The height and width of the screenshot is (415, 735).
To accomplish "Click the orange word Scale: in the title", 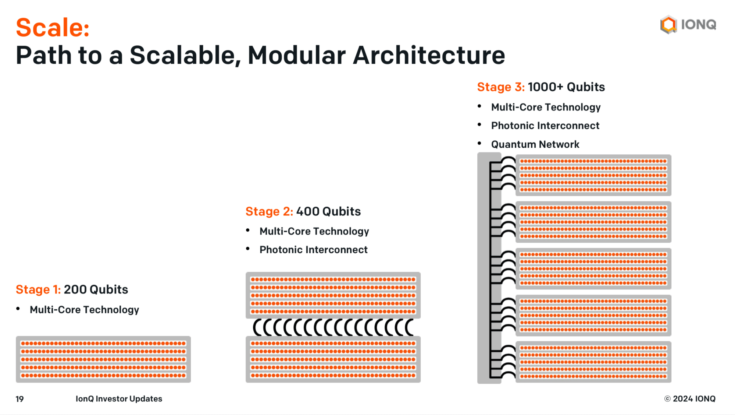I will pyautogui.click(x=53, y=28).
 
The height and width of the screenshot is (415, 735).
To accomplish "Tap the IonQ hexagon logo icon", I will pyautogui.click(x=668, y=25).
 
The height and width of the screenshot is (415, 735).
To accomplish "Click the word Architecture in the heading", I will pyautogui.click(x=429, y=55).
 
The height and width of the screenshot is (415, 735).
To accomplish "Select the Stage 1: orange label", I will pyautogui.click(x=38, y=289).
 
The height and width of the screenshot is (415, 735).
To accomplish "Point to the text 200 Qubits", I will pyautogui.click(x=96, y=289).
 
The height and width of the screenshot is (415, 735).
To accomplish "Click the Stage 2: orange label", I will pyautogui.click(x=269, y=211).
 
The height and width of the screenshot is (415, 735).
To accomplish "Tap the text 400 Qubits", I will pyautogui.click(x=328, y=211).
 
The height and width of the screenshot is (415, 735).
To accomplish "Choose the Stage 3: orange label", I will pyautogui.click(x=501, y=87).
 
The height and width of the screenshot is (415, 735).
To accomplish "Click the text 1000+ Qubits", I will pyautogui.click(x=566, y=87).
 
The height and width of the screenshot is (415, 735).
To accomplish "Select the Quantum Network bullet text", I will pyautogui.click(x=535, y=144).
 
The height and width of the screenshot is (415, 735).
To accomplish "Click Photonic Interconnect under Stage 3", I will pyautogui.click(x=545, y=126).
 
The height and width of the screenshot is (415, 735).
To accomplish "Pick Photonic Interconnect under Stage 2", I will pyautogui.click(x=313, y=250).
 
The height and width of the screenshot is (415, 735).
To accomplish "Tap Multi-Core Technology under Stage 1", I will pyautogui.click(x=84, y=310).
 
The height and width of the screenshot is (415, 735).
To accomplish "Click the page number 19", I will pyautogui.click(x=19, y=399).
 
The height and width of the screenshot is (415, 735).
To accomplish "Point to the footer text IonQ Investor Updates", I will pyautogui.click(x=119, y=399).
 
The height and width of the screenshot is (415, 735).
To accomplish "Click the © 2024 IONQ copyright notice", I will pyautogui.click(x=690, y=399).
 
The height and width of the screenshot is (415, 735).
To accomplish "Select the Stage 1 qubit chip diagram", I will pyautogui.click(x=103, y=359).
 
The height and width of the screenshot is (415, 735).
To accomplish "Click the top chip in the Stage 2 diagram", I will pyautogui.click(x=333, y=295).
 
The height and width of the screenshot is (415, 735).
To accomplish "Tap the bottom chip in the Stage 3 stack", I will pyautogui.click(x=593, y=362).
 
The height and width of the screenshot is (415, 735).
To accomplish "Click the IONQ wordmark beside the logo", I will pyautogui.click(x=698, y=25).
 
